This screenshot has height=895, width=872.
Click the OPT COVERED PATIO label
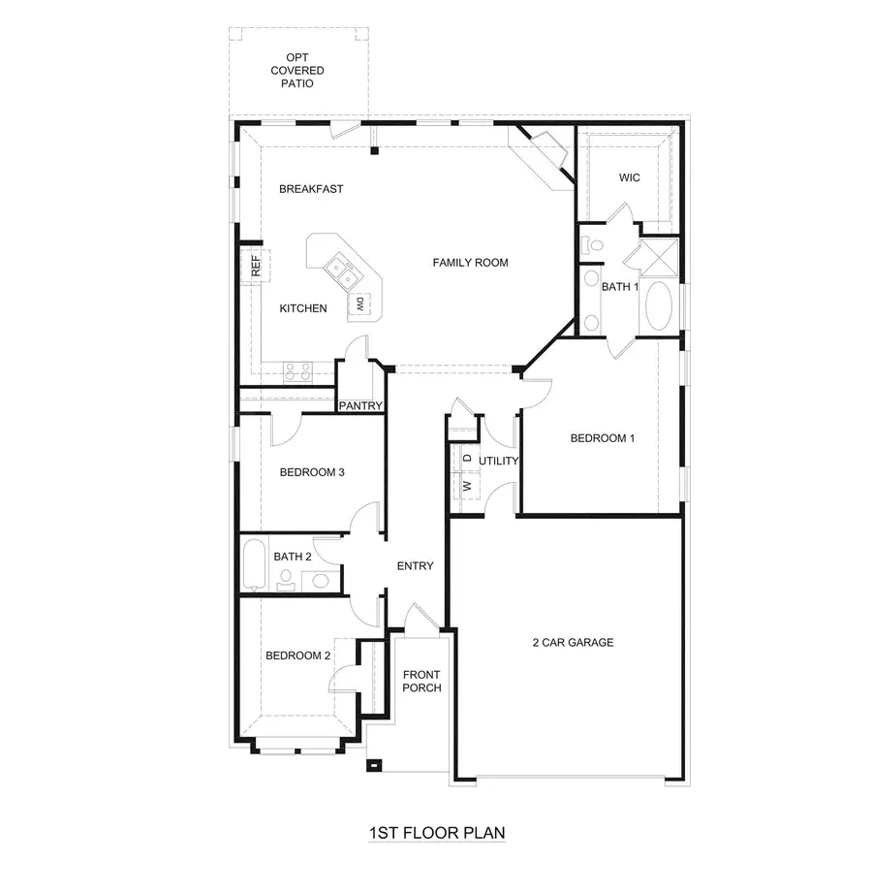pyautogui.click(x=297, y=71)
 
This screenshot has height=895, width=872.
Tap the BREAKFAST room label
pyautogui.click(x=311, y=189)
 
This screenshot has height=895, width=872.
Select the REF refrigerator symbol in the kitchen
pyautogui.click(x=256, y=267)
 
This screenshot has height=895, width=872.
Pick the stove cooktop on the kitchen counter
pyautogui.click(x=297, y=369)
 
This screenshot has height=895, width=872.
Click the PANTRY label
pyautogui.click(x=360, y=406)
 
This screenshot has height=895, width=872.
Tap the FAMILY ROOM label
pyautogui.click(x=470, y=263)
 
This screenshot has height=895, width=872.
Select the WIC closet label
pyautogui.click(x=629, y=178)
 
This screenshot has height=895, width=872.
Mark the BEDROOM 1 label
pyautogui.click(x=602, y=438)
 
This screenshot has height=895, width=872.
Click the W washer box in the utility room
pyautogui.click(x=466, y=485)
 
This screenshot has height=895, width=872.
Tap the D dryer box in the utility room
pyautogui.click(x=466, y=457)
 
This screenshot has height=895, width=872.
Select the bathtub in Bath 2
pyautogui.click(x=254, y=565)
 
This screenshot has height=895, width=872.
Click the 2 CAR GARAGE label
pyautogui.click(x=573, y=642)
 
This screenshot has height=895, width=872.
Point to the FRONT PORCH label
pyautogui.click(x=421, y=682)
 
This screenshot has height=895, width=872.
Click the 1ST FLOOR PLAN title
pyautogui.click(x=436, y=832)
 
